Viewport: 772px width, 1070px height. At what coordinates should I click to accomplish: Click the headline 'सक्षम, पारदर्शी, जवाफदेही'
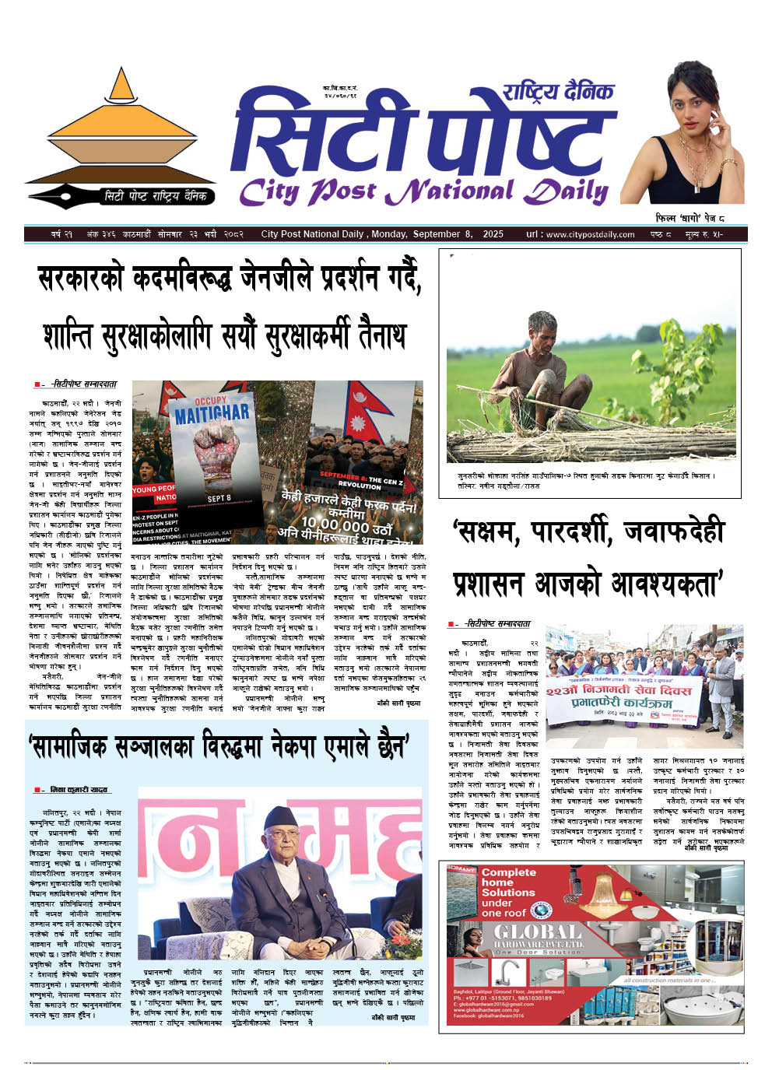(588, 532)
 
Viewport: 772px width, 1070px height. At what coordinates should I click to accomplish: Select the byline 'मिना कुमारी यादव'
(78, 790)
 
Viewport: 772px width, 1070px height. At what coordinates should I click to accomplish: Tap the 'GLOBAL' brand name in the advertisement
(536, 932)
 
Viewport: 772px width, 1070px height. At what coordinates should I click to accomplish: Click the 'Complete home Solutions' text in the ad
(507, 892)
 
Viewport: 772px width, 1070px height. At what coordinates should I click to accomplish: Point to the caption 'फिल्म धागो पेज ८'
(690, 219)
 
